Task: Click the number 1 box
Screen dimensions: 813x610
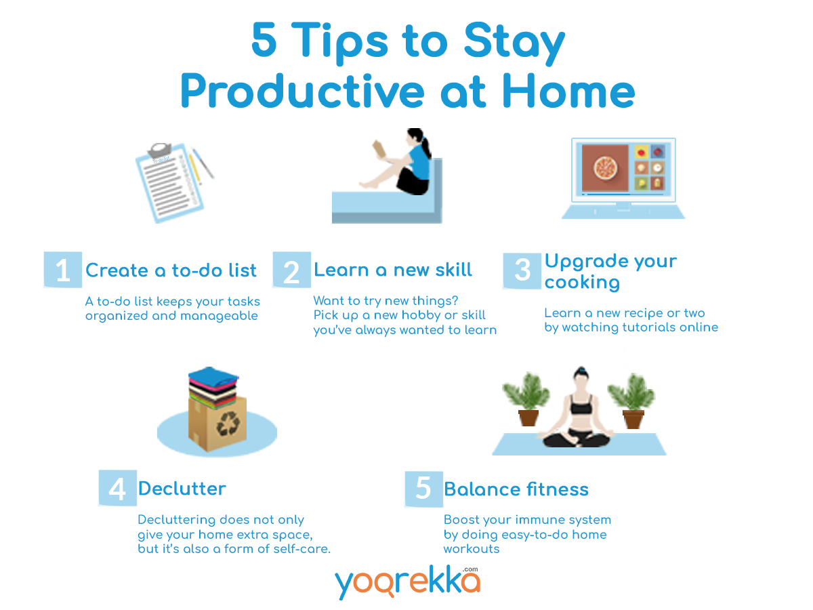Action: click(62, 269)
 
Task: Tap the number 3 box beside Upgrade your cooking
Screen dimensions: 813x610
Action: click(522, 270)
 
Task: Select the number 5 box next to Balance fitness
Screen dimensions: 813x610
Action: click(423, 489)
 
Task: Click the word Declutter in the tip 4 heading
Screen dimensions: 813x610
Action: click(182, 489)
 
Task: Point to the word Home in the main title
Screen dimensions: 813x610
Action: click(568, 91)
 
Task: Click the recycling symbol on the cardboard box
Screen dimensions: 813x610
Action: click(228, 424)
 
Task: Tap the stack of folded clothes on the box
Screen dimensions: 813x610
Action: click(213, 387)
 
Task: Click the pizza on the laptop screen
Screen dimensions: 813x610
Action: click(606, 167)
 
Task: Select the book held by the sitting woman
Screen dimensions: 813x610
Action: click(379, 148)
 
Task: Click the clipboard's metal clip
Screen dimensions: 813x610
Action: click(160, 150)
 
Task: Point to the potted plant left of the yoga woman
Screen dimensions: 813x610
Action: click(526, 399)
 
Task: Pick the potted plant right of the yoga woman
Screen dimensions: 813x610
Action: click(631, 401)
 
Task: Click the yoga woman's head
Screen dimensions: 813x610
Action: click(581, 378)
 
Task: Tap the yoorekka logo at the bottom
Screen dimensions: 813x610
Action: click(407, 582)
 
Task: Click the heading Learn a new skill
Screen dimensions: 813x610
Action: click(392, 270)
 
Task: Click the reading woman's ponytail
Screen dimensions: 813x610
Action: click(425, 146)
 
